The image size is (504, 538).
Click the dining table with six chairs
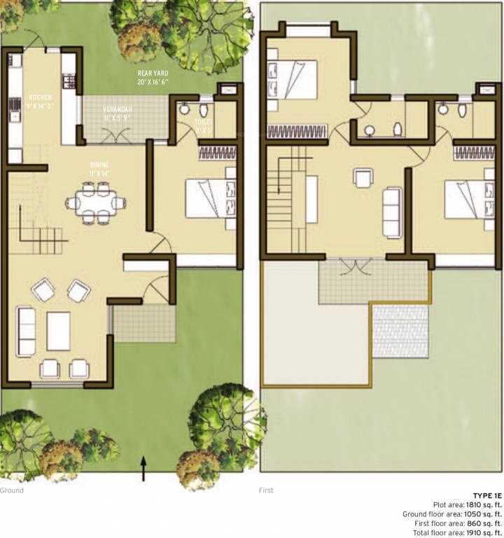(96, 203)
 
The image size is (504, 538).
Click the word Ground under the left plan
(12, 490)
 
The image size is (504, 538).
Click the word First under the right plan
(267, 490)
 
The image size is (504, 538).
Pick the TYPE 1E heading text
(486, 495)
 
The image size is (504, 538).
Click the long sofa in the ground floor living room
(26, 331)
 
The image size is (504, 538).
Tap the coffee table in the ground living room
(58, 331)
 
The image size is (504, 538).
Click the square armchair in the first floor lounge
(363, 179)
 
